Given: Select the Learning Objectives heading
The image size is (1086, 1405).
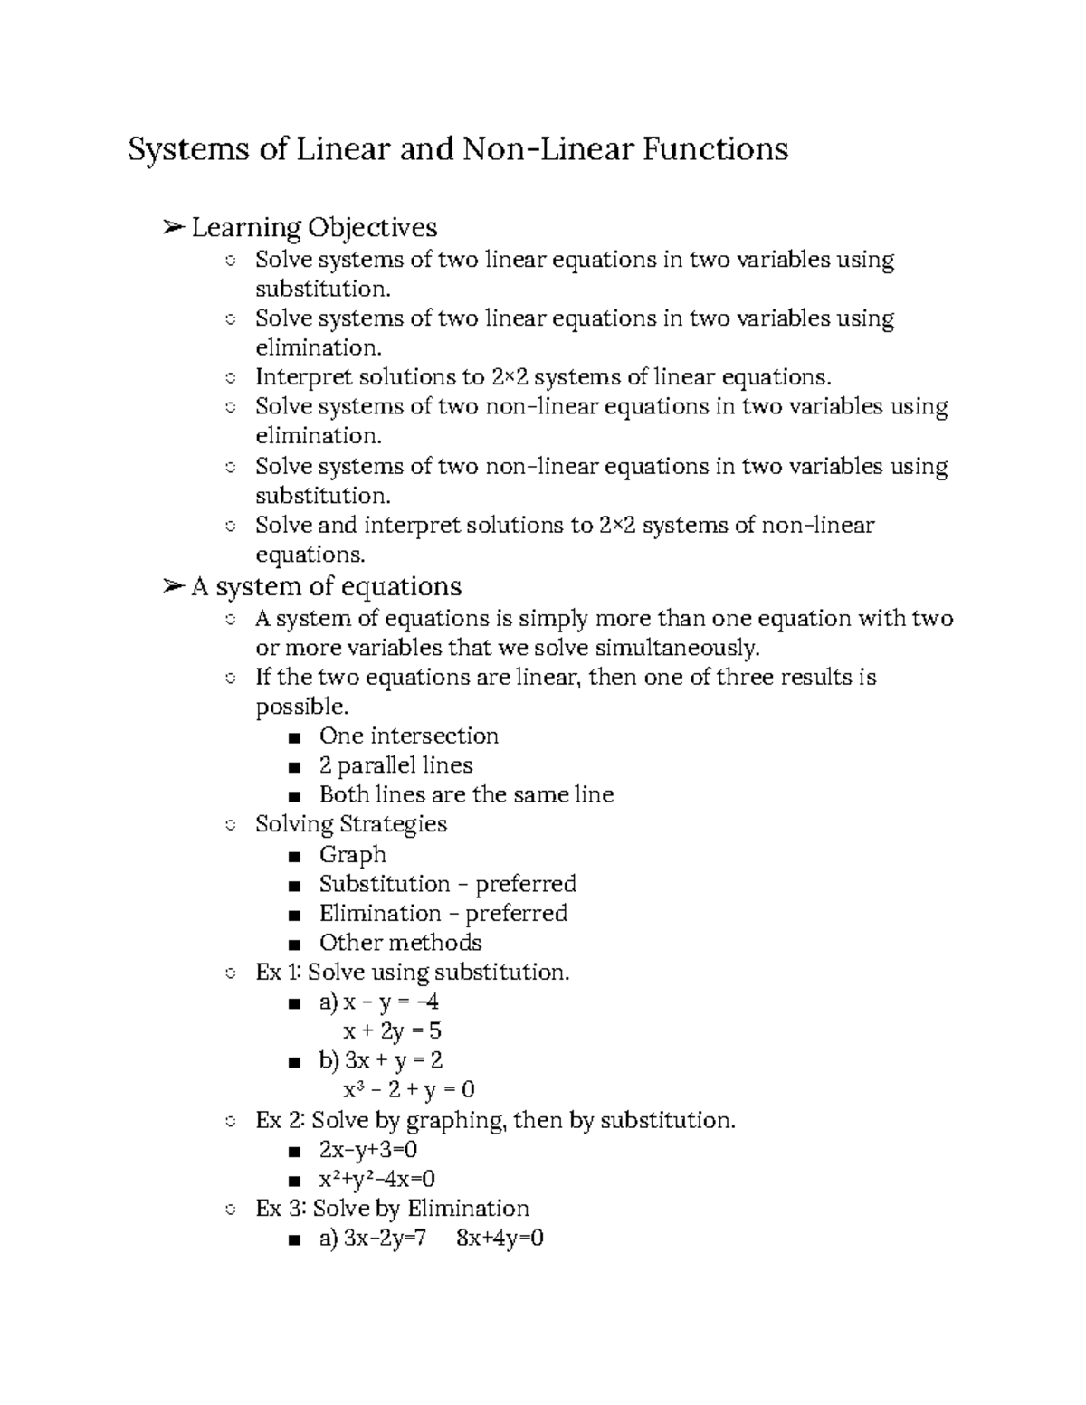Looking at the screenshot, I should point(314,227).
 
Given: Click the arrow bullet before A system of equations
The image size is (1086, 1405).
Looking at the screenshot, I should point(172,587).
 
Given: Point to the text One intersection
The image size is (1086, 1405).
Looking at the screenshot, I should point(408,736).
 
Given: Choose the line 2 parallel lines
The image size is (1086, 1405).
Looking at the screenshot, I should point(395,765).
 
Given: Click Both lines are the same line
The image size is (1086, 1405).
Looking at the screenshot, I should point(466,794).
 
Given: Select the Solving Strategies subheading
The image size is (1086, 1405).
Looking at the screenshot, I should point(351,824).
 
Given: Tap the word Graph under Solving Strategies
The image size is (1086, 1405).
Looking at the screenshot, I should point(352,854).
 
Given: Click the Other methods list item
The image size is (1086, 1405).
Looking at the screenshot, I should point(400,943).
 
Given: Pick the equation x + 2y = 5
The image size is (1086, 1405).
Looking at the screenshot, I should point(392,1030).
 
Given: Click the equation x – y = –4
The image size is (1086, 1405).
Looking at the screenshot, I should point(391,1002).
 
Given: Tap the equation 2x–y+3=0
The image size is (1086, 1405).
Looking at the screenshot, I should point(367,1149).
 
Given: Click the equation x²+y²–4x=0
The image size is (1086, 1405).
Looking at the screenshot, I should point(376,1179).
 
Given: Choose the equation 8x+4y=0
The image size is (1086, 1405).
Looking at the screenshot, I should point(500,1239).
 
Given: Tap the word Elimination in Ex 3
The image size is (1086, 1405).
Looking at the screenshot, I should point(468,1209).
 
